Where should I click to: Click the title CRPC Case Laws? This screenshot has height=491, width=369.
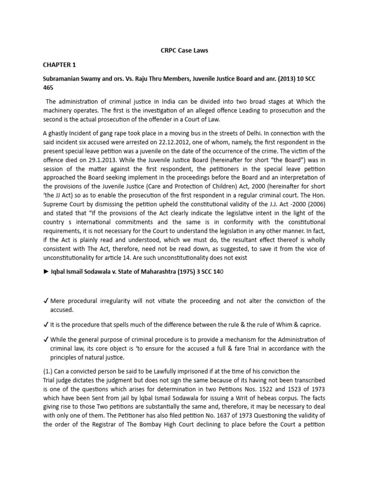tap(184, 50)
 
